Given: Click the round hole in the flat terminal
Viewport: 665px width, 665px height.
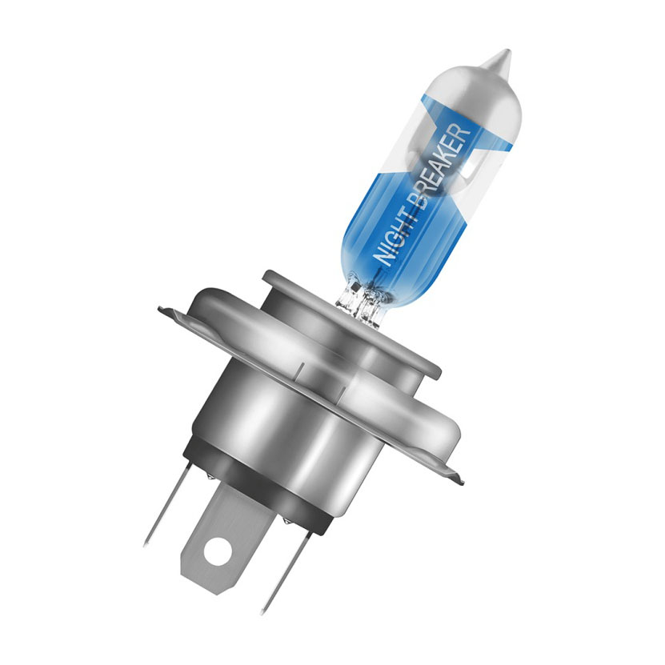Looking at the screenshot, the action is [x=218, y=551].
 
